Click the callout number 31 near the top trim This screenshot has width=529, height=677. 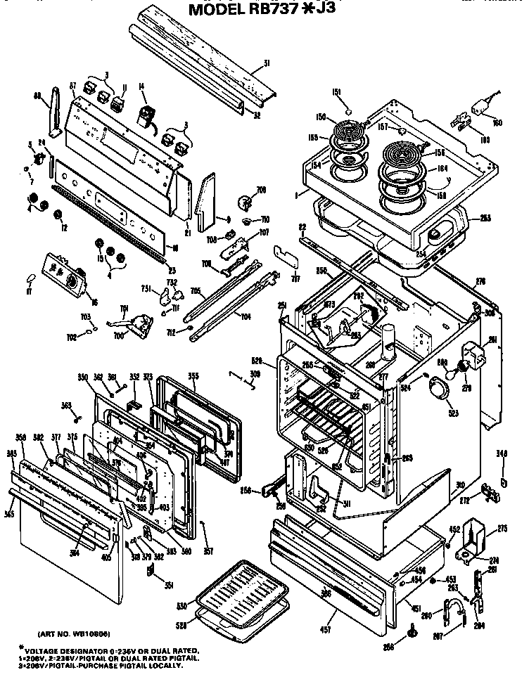point(267,64)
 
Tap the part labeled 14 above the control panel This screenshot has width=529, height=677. point(147,114)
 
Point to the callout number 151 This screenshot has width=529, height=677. point(336,92)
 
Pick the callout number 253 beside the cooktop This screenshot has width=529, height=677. point(485,219)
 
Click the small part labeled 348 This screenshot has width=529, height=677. point(504,482)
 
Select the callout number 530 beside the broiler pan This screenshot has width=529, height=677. point(181,605)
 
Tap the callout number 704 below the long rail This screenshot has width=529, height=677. point(246,316)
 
